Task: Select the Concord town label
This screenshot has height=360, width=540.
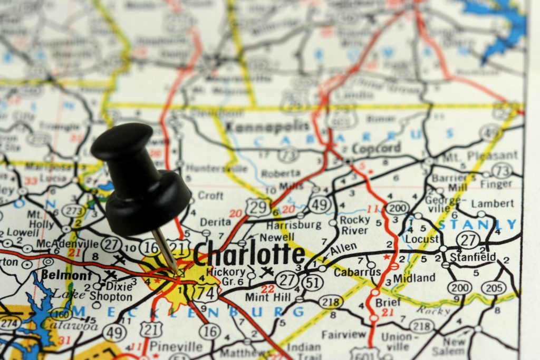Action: [x=376, y=149]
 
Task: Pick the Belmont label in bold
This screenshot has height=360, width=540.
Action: [x=66, y=275]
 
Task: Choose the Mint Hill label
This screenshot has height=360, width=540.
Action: [x=267, y=297]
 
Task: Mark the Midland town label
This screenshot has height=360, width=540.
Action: [x=414, y=278]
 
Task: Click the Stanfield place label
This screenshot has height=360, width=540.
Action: [x=472, y=257]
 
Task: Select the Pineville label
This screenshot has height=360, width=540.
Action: [x=176, y=346]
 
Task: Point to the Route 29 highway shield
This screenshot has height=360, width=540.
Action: [x=258, y=207]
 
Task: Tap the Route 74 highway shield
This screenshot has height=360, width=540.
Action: [x=205, y=291]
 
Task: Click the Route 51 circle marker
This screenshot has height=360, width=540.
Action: [x=312, y=283]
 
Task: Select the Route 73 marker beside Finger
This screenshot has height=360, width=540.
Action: [x=504, y=170]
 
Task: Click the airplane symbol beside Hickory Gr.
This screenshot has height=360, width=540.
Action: [x=267, y=272]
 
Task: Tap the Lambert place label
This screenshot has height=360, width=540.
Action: [x=492, y=203]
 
